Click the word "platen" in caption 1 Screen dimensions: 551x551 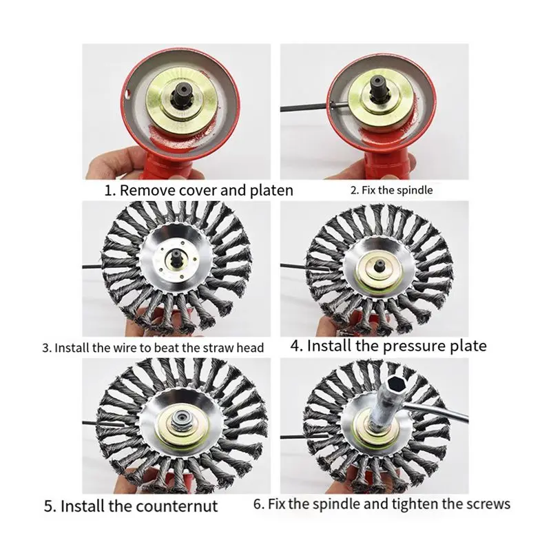point(271,191)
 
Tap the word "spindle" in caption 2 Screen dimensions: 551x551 point(415,191)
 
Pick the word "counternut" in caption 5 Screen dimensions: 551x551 point(177,506)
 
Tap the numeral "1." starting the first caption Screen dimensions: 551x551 point(110,191)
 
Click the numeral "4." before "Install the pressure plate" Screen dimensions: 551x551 point(297,346)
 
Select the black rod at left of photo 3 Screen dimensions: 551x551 point(93,267)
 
